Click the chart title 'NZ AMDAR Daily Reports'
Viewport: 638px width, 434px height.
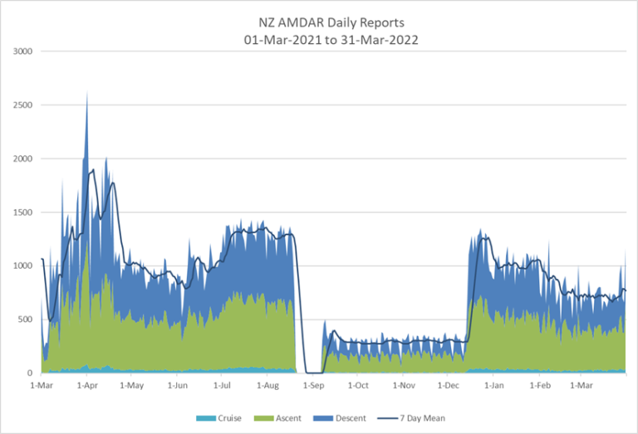(x=319, y=24)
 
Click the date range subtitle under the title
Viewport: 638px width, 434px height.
(x=319, y=39)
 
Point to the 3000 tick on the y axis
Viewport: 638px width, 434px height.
(x=23, y=51)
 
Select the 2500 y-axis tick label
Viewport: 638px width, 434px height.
(x=23, y=105)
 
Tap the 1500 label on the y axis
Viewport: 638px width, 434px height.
(x=23, y=212)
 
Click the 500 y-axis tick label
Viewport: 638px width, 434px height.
(x=26, y=319)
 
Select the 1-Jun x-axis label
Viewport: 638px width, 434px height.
(x=177, y=386)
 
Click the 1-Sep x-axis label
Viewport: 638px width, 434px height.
(x=313, y=386)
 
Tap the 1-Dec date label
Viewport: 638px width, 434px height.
(x=449, y=386)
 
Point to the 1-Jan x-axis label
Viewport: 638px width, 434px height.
(x=494, y=386)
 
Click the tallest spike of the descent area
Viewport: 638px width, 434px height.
(x=87, y=94)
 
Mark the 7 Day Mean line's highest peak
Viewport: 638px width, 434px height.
(x=92, y=170)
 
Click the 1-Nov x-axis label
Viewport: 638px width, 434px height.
(x=404, y=386)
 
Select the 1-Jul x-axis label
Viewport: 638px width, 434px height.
(x=222, y=386)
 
